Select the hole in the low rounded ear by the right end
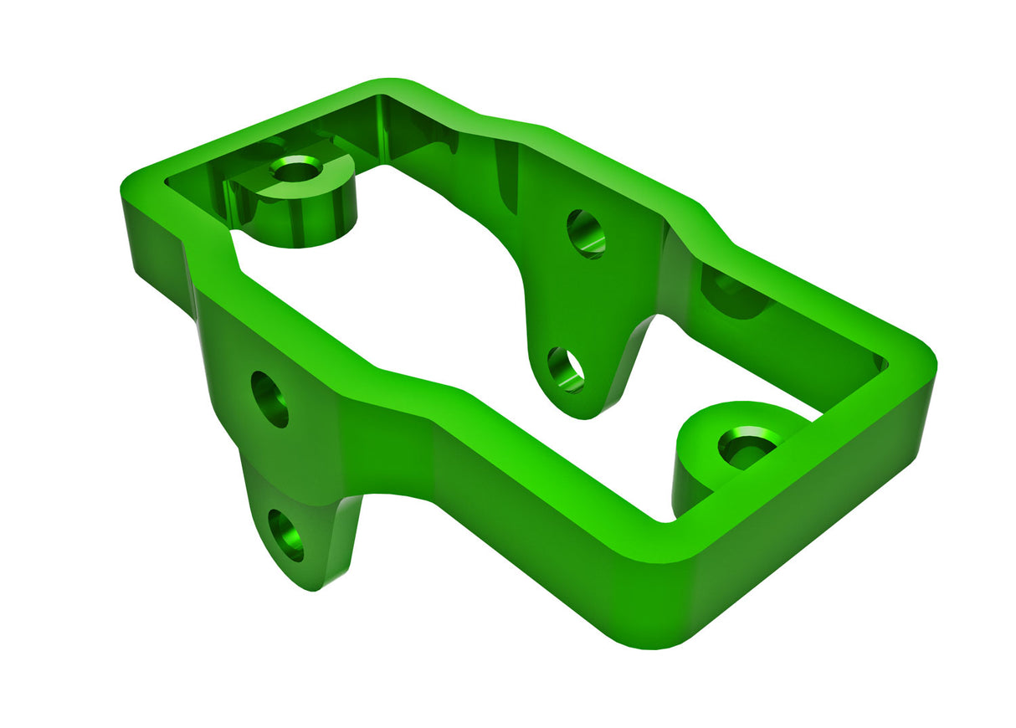[x=748, y=444]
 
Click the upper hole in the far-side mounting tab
[x=586, y=233]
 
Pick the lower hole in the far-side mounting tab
[x=566, y=369]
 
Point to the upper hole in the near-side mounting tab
[x=269, y=399]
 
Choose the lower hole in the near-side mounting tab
[x=286, y=534]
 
